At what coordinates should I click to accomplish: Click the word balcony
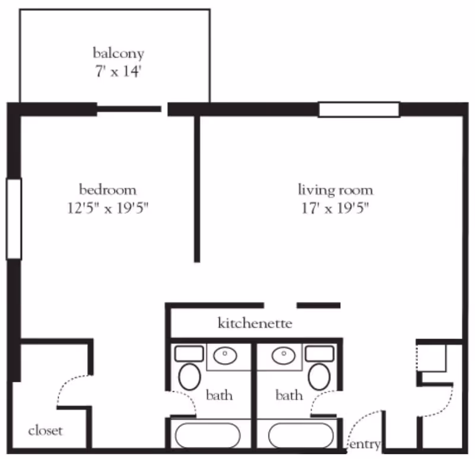point(118,53)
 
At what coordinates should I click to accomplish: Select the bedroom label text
point(108,190)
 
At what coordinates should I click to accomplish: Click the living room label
point(335,190)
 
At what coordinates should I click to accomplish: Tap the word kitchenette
point(255,324)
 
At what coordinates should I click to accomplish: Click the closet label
point(45,430)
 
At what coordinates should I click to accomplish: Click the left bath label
point(219,395)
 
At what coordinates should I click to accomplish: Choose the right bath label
point(289,395)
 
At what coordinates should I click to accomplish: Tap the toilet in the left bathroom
point(190,376)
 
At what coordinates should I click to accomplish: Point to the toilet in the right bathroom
point(320,376)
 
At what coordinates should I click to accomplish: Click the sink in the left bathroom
point(225,356)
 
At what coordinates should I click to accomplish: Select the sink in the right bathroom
point(284,356)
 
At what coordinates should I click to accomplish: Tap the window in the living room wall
point(359,110)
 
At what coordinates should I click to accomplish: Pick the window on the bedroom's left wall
point(14,219)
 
